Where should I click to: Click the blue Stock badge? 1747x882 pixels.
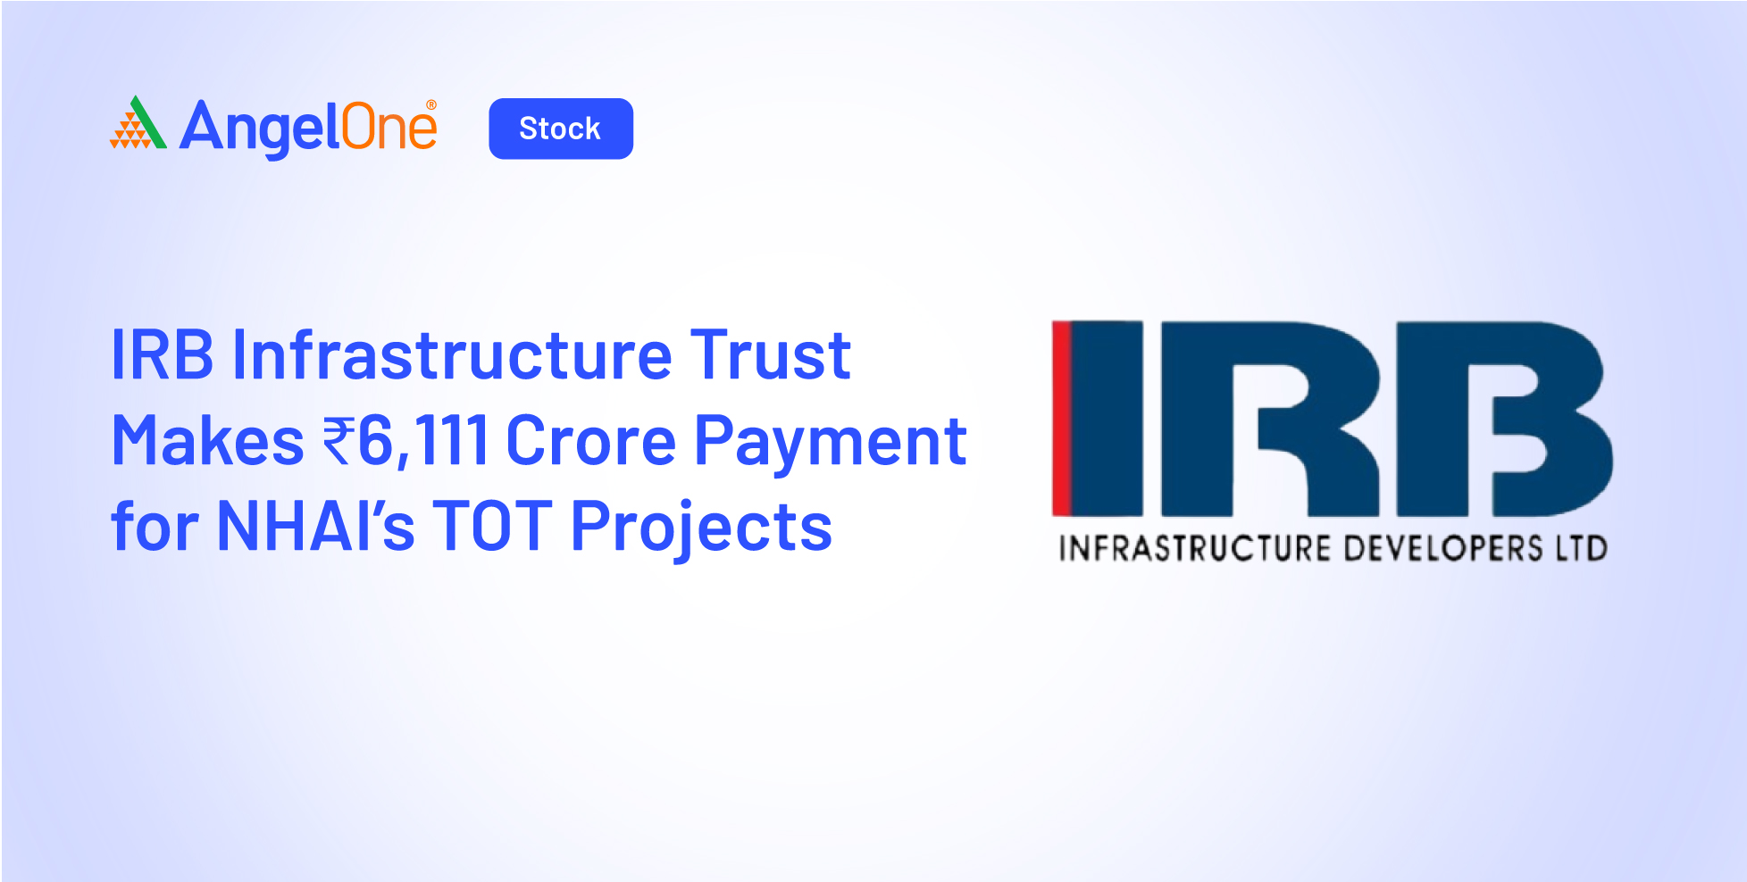click(561, 129)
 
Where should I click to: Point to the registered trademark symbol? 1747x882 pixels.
click(431, 105)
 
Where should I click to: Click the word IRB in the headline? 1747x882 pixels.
click(163, 355)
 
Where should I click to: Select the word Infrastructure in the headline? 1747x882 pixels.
click(452, 354)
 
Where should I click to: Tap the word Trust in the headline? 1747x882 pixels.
click(770, 355)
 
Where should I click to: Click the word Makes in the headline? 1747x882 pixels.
click(207, 441)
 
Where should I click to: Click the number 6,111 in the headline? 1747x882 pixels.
click(422, 441)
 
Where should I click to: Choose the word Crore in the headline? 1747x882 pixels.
click(591, 441)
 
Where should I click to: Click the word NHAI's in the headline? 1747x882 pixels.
click(316, 527)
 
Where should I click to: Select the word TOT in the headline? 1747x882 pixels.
click(492, 527)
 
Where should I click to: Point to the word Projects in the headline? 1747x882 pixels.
click(702, 528)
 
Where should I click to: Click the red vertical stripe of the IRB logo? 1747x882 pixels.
click(1061, 418)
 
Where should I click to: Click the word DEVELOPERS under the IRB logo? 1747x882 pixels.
click(1443, 548)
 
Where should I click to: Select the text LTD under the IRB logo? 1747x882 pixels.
click(1582, 548)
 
